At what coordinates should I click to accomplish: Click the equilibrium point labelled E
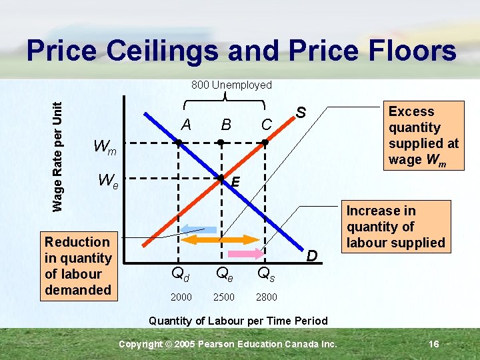(x=221, y=179)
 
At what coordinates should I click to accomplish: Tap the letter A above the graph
(x=186, y=125)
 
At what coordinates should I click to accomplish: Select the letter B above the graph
(x=226, y=125)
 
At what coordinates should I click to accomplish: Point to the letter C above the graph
(x=266, y=125)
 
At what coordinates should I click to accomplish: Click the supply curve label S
(x=301, y=113)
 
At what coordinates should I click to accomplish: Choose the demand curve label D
(x=311, y=255)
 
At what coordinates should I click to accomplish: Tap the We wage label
(x=108, y=181)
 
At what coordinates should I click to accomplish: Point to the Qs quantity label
(x=266, y=273)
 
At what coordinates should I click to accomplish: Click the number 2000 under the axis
(x=181, y=297)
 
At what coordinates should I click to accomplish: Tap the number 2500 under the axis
(x=223, y=297)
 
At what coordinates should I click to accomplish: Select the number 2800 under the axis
(x=266, y=297)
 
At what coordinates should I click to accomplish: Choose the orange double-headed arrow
(x=220, y=239)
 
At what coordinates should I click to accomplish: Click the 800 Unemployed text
(x=231, y=85)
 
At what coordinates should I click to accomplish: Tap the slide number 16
(x=433, y=344)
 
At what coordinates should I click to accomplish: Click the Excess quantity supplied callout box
(x=423, y=135)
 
